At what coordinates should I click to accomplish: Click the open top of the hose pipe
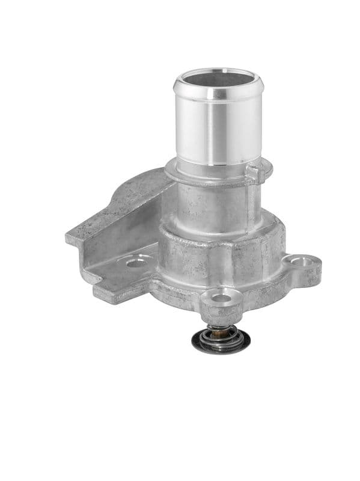(218, 79)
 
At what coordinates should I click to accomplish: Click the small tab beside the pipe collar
(255, 173)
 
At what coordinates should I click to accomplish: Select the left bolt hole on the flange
(137, 262)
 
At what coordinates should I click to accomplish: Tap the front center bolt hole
(221, 298)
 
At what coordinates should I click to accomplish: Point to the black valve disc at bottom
(221, 344)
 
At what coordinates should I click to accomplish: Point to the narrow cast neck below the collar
(210, 204)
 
